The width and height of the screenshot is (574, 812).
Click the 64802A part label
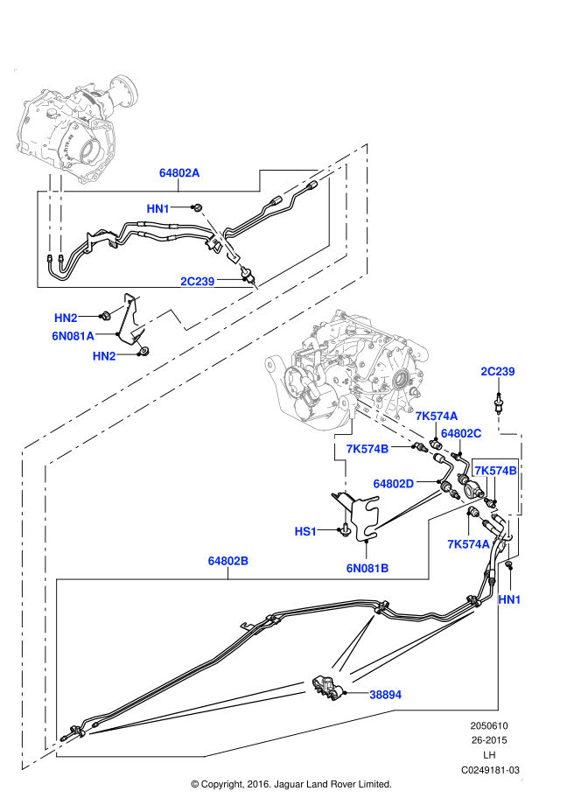click(x=179, y=173)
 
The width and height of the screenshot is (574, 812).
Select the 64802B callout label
click(x=228, y=560)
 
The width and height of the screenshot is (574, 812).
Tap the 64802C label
click(x=461, y=433)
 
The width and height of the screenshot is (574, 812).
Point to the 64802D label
click(x=394, y=483)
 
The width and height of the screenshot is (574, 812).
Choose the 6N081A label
click(x=73, y=334)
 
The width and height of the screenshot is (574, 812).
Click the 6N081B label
click(x=367, y=568)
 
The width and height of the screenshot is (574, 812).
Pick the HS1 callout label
click(x=305, y=530)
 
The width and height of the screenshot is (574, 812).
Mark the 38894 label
click(x=385, y=694)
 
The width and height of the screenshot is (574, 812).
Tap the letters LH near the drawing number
click(x=490, y=754)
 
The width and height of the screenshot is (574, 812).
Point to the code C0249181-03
click(x=490, y=769)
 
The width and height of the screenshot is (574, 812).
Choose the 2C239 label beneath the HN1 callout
click(x=198, y=281)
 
